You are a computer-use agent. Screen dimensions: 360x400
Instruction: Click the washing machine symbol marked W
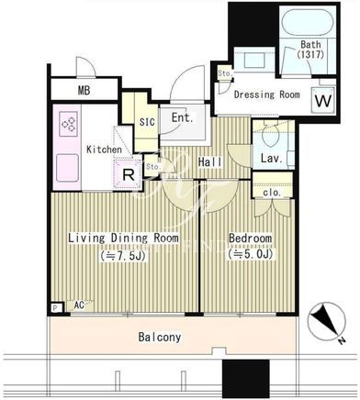pos(323,100)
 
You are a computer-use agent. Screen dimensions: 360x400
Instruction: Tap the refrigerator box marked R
pos(129,174)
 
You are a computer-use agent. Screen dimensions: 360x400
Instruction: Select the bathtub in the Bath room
pos(305,24)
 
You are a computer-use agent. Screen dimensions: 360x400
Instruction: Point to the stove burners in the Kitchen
pos(68,124)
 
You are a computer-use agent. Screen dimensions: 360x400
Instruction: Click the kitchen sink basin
pos(67,168)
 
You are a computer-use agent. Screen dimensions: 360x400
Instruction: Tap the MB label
pos(84,90)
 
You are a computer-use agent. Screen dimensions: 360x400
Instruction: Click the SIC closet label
pos(147,122)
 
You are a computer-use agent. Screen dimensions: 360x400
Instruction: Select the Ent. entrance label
pos(183,117)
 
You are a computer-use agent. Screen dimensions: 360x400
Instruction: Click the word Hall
pos(210,161)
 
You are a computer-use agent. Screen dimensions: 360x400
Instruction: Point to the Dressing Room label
pos(267,94)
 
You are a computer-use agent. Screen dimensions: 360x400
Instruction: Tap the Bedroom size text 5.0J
pos(251,254)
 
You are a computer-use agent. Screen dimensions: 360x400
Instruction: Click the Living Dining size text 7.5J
pos(124,256)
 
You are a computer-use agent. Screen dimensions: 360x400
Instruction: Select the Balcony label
pos(160,337)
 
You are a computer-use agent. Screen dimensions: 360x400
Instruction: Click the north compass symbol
pos(327,321)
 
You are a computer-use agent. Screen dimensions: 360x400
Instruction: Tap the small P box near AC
pos(55,307)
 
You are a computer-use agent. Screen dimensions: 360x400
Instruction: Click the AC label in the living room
pos(79,305)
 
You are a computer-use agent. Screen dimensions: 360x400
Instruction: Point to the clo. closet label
pos(272,193)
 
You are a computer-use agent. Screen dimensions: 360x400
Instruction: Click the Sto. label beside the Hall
pos(153,167)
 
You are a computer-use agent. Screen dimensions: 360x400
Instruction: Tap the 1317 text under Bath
pos(310,55)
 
